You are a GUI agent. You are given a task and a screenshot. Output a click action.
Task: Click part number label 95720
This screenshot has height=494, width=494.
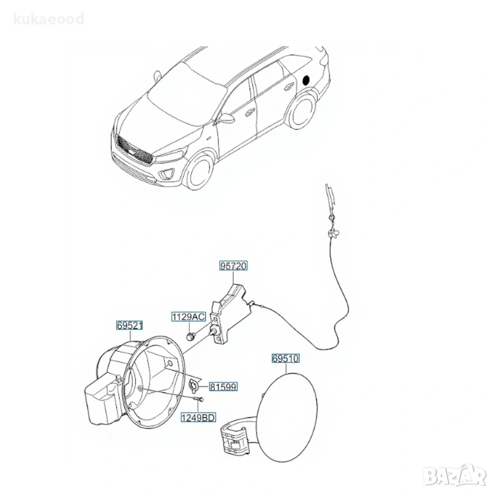pos(233,266)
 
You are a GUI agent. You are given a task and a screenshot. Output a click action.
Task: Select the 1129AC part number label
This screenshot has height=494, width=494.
pos(188,316)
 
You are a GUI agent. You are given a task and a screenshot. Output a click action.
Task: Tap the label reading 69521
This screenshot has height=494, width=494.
pos(129,325)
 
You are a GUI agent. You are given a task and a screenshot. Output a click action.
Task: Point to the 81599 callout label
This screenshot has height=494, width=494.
pos(223,387)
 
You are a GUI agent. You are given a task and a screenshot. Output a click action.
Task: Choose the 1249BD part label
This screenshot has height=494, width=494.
pos(198,417)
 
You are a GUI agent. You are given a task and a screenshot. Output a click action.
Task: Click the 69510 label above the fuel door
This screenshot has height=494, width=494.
pos(286,358)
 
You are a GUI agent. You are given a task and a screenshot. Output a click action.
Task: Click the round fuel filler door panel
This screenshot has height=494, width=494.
pos(287,417)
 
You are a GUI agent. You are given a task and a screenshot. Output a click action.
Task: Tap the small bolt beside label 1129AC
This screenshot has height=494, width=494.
pos(190,336)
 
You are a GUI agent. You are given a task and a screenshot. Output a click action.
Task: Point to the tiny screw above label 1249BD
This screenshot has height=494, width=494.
pos(199,399)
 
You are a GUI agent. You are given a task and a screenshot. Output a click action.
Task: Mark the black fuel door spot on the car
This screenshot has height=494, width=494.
pos(306,80)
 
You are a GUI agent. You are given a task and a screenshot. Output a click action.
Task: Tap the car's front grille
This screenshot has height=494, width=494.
pos(134,150)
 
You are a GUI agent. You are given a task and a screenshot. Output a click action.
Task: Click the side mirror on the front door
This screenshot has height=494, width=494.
pos(226,118)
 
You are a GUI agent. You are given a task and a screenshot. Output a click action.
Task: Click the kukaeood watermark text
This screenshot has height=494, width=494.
pos(49,19)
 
